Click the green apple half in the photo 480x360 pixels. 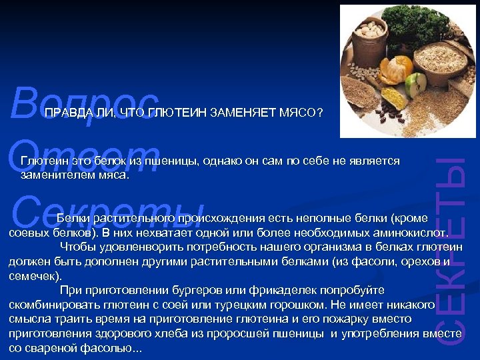[415, 85]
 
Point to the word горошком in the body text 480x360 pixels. [286, 305]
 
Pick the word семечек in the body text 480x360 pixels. [33, 275]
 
